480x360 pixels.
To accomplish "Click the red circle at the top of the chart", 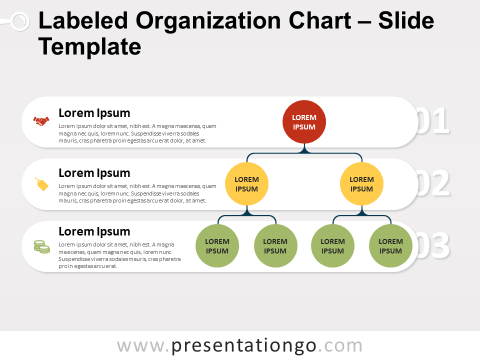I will coord(304,122).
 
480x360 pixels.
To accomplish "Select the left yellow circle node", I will coord(246,184).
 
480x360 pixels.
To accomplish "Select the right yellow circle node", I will coord(361,184).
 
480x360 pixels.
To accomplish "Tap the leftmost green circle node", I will coord(217,246).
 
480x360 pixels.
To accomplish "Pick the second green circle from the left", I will coord(275,246).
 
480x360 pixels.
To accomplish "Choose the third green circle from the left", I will coord(332,246).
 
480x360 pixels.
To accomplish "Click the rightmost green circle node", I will coord(390,246).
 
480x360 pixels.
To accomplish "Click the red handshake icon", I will coord(41,121).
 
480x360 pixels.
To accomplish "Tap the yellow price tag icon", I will coord(42,184).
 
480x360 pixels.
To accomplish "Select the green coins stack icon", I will coord(41,246).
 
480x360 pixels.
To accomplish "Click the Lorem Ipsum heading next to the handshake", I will coord(94,113).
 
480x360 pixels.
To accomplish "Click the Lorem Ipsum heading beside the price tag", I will coord(94,173).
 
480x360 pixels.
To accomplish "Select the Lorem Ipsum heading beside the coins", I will coord(94,231).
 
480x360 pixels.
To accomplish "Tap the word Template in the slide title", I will coord(90,47).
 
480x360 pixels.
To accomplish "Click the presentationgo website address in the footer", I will coord(239,346).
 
